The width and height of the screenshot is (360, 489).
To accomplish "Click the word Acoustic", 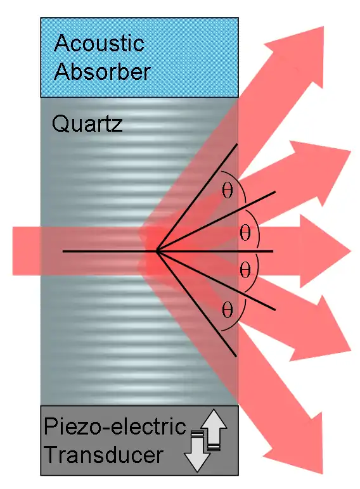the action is [x=99, y=43].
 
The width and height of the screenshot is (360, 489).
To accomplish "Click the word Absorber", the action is [x=102, y=72].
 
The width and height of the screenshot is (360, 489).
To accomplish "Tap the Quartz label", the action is [x=87, y=124].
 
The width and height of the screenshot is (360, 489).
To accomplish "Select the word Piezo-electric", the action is [x=115, y=426].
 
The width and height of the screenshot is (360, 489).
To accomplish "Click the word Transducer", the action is [x=104, y=454].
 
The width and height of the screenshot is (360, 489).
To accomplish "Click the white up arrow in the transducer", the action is [x=214, y=429].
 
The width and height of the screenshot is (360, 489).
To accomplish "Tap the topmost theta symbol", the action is [x=228, y=191].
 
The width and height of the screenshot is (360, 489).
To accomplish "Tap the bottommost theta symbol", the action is [x=228, y=310].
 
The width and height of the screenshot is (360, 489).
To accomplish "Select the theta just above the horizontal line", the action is [x=245, y=233].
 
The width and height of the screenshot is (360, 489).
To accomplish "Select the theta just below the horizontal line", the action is [x=245, y=270].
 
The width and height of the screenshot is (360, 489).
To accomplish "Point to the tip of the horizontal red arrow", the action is [x=351, y=251].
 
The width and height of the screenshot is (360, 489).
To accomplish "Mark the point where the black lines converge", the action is [x=158, y=251].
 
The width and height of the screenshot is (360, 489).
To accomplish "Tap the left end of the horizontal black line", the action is [x=63, y=251].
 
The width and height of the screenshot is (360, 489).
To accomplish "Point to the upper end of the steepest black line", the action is [x=237, y=144].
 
